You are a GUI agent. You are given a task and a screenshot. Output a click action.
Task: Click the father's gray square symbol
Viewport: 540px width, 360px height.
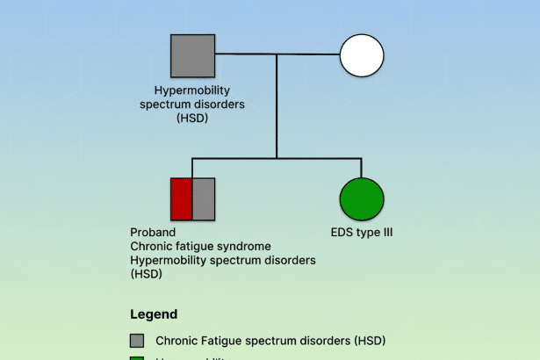(192, 56)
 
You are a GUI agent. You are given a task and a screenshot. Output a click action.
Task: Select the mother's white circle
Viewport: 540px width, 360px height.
(362, 56)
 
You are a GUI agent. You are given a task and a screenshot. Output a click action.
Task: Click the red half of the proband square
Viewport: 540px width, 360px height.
(181, 198)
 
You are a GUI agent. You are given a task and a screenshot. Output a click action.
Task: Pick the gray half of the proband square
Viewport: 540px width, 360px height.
(204, 198)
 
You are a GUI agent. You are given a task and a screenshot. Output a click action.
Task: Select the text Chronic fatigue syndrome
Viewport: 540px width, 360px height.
(200, 247)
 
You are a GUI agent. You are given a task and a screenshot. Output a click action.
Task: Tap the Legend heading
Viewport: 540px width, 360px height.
(154, 313)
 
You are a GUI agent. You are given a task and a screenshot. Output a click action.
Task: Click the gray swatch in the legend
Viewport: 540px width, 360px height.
(137, 341)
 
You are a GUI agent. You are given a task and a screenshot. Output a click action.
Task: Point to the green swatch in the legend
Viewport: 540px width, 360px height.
(137, 357)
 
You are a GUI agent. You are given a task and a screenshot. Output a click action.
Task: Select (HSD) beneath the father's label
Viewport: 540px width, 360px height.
(192, 118)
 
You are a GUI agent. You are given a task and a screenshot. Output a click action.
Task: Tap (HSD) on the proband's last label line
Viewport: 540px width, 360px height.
(146, 274)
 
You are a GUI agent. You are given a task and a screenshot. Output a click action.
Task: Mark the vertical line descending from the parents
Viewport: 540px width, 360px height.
(277, 105)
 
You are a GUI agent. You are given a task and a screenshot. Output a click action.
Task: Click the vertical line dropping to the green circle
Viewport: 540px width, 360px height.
(362, 167)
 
